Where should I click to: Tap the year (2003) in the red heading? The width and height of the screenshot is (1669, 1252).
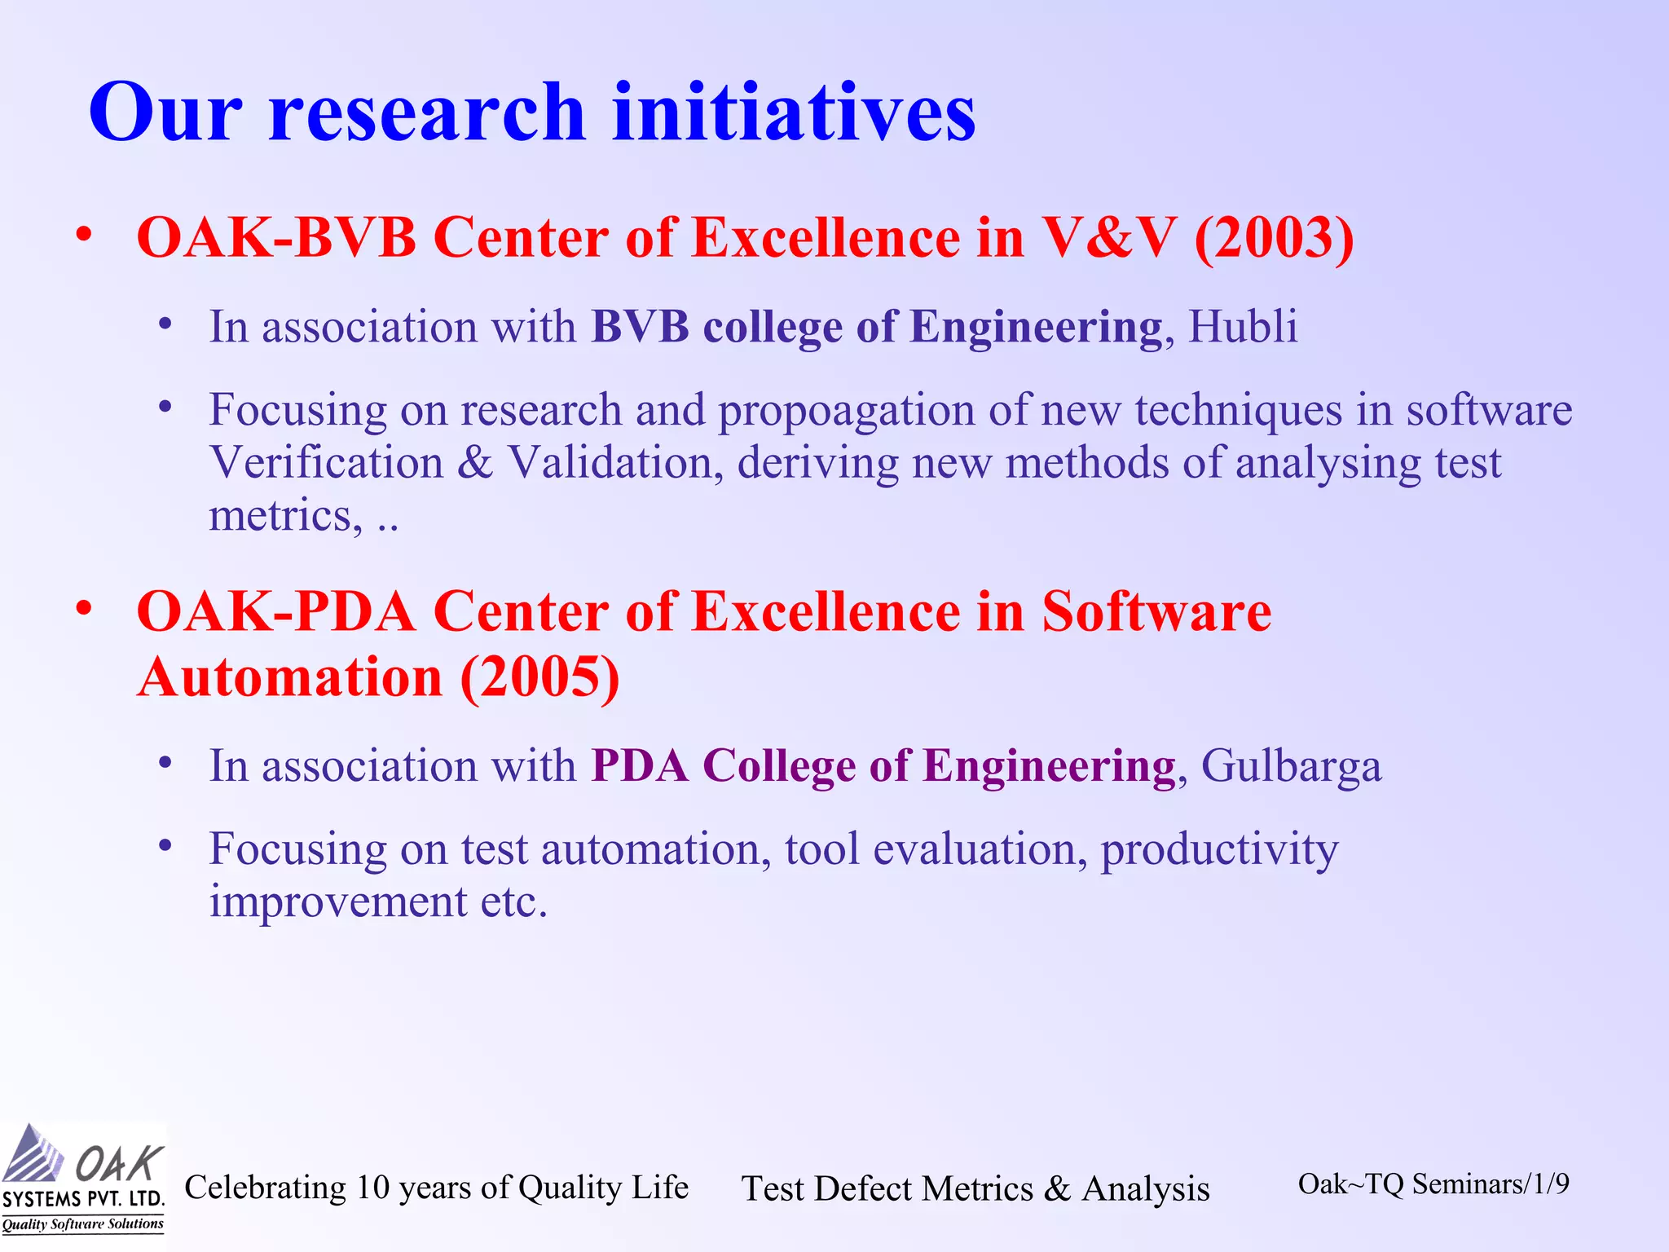1274,238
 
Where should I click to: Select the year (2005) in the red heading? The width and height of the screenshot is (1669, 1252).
539,678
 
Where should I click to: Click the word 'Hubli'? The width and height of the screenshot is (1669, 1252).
1243,327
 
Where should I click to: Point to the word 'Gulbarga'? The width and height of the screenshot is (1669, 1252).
1292,766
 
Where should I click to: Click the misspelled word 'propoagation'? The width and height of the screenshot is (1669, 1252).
846,410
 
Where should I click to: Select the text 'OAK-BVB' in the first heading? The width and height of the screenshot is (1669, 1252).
276,238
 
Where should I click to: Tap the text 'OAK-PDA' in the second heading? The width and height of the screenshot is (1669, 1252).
276,611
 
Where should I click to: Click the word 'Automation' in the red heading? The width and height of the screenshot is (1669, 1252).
290,678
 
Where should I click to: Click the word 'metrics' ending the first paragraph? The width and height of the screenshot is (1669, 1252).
280,515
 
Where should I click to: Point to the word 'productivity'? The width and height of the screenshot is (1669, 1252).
1219,849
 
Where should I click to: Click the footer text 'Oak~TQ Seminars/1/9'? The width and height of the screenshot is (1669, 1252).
1433,1184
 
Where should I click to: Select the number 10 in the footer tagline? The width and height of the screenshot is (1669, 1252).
373,1188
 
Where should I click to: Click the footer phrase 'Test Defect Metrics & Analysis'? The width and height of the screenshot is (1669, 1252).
975,1188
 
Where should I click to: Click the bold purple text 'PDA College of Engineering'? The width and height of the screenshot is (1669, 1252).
883,766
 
